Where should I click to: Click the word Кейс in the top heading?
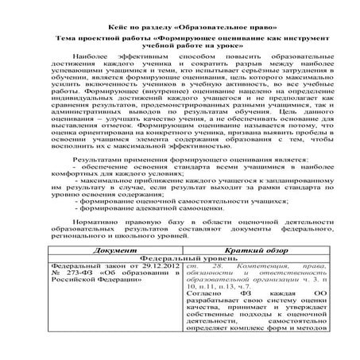point(118,17)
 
